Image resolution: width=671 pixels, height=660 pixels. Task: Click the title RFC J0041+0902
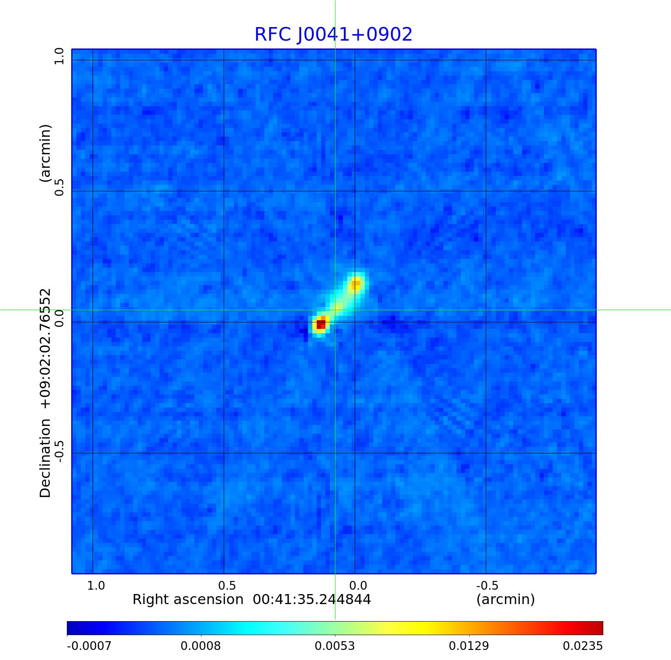point(333,35)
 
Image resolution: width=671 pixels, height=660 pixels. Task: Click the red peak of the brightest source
point(321,324)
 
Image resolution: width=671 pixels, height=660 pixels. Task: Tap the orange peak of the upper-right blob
point(356,283)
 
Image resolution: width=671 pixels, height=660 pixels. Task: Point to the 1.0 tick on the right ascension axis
point(96,585)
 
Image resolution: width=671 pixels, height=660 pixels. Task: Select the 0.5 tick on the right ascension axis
point(227,585)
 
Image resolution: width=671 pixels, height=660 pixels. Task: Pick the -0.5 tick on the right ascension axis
point(487,585)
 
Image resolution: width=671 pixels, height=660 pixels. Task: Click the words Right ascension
point(188,600)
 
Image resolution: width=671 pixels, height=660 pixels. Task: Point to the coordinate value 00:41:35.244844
point(312,600)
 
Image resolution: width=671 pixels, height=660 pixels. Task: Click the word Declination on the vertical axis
point(45,458)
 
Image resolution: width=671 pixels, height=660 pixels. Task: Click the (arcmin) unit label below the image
point(505,600)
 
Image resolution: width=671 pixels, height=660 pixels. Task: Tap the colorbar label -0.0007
point(89,646)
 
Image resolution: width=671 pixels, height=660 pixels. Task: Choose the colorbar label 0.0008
point(201,646)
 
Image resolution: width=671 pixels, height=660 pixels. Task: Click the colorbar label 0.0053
point(335,646)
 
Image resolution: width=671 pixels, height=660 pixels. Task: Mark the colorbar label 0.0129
point(469,646)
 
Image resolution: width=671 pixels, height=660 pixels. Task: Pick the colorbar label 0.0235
point(583,646)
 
